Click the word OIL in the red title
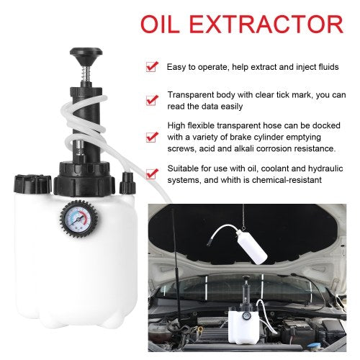160,24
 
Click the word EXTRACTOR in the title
266,24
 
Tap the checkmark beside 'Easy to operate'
152,67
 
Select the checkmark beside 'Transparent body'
152,100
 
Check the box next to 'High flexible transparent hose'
152,137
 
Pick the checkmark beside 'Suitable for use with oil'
152,174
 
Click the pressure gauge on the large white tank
78,219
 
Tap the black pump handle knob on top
86,57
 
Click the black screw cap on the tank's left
32,184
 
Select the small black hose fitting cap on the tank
127,183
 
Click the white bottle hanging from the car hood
253,247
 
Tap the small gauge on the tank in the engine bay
246,316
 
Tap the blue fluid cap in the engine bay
315,346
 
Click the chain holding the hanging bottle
243,217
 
